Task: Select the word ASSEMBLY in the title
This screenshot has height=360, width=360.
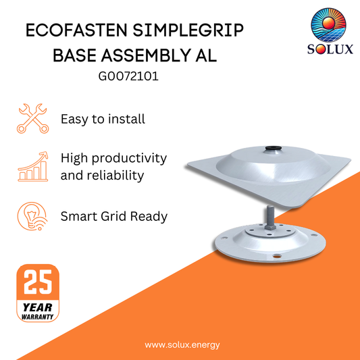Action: [152, 55]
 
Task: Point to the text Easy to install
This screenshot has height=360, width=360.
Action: [103, 119]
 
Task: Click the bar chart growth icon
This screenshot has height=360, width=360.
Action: [32, 166]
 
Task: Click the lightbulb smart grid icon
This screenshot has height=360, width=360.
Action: [32, 217]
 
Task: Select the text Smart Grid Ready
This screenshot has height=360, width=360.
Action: [114, 217]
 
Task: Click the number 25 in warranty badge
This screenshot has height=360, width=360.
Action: [38, 282]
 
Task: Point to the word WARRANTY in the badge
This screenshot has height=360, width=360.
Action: [38, 315]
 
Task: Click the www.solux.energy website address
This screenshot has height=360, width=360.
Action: [182, 344]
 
